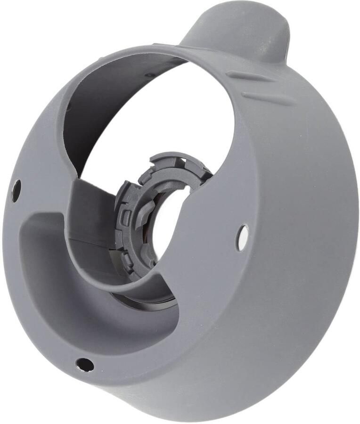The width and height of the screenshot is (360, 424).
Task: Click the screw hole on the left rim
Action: click(16, 190)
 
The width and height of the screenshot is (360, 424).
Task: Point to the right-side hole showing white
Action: click(242, 237)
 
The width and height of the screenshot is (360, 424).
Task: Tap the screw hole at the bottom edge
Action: click(85, 364)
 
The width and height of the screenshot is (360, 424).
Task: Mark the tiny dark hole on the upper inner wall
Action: click(149, 74)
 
